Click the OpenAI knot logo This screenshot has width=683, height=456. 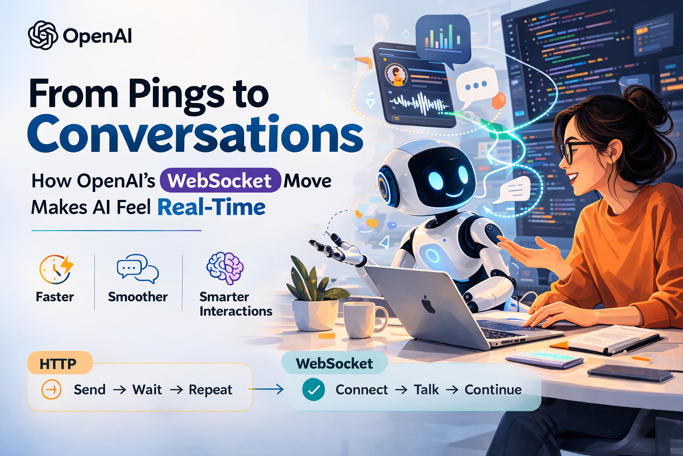pyautogui.click(x=43, y=35)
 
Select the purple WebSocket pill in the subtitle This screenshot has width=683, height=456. pyautogui.click(x=220, y=180)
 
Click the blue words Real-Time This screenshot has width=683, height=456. pyautogui.click(x=211, y=208)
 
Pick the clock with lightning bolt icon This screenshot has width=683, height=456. pyautogui.click(x=56, y=269)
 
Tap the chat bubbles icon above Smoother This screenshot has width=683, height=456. pyautogui.click(x=137, y=269)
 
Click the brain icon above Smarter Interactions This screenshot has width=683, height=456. pyautogui.click(x=225, y=268)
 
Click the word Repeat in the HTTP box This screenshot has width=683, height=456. pyautogui.click(x=210, y=390)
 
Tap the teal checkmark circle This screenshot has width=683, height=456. pyautogui.click(x=313, y=390)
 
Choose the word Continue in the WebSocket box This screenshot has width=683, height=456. pyautogui.click(x=493, y=390)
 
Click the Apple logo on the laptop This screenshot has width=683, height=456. pyautogui.click(x=428, y=305)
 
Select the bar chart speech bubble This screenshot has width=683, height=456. pyautogui.click(x=442, y=38)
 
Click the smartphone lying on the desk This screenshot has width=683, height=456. pyautogui.click(x=630, y=373)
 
